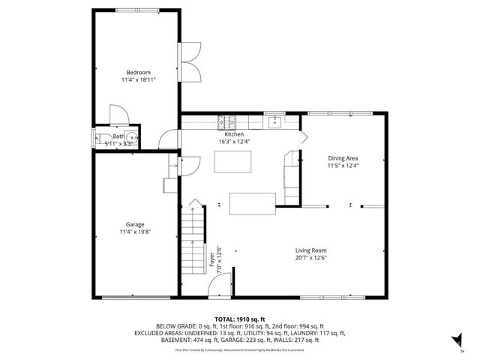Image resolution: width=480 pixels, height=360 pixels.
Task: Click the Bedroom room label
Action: tap(135, 72)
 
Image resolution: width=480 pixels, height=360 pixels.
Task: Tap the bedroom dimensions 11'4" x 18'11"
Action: tap(135, 79)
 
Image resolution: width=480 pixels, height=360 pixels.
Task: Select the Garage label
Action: tap(135, 224)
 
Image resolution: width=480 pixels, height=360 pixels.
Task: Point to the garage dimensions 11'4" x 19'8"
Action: tap(135, 232)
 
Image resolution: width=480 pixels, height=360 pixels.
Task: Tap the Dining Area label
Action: tap(343, 158)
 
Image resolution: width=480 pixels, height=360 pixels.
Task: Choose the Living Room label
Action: tap(310, 250)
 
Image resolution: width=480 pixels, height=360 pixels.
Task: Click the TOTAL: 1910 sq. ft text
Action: tap(239, 319)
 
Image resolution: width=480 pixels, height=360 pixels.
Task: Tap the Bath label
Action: tap(118, 136)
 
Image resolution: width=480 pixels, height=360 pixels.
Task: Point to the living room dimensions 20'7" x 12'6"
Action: tap(310, 258)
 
